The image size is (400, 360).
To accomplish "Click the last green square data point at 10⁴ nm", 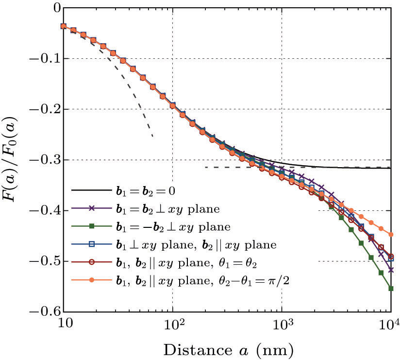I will coord(391,289).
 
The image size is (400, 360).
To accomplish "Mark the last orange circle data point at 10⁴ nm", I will coord(391,234).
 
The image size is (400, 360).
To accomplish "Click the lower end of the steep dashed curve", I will coord(152,137).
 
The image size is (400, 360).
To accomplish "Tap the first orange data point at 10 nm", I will coord(64,26).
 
